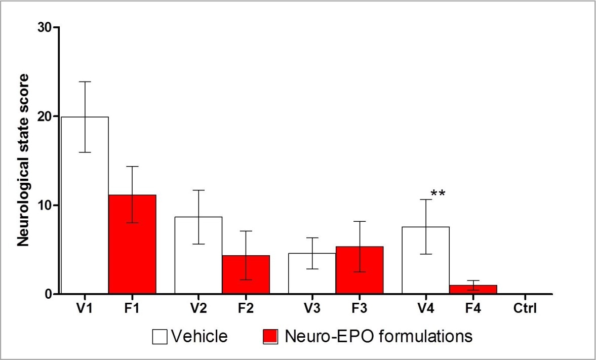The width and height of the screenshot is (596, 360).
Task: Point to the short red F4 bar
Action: (473, 289)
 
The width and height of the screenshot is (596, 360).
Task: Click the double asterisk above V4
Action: (438, 194)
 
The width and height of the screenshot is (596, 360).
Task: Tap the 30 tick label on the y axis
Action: (44, 27)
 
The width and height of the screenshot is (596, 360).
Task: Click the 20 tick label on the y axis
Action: (44, 116)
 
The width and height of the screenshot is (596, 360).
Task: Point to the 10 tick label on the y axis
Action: (44, 205)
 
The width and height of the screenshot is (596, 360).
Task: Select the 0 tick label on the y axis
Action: (48, 294)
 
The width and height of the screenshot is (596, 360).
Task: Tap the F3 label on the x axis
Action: (360, 307)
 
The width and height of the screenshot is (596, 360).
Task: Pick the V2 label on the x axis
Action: (198, 307)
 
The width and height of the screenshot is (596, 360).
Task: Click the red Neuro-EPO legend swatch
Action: (271, 336)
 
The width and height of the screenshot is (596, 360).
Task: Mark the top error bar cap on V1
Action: (85, 82)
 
